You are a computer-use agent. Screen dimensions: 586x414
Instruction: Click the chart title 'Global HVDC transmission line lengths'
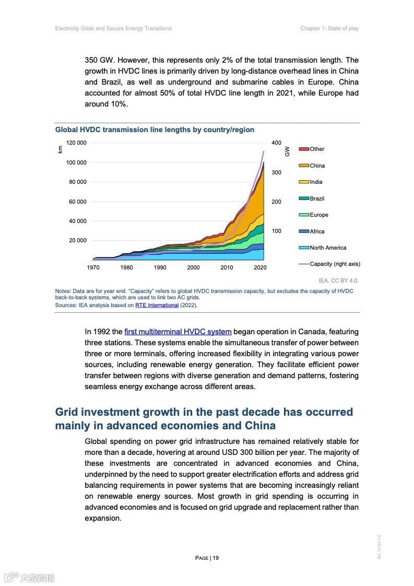coord(155,130)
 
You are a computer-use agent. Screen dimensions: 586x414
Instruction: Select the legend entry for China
coord(317,166)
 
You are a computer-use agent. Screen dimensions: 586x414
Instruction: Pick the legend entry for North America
coord(328,248)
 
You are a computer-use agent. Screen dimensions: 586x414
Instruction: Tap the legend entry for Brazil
coord(317,198)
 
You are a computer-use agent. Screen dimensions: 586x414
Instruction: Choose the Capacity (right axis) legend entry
coord(335,264)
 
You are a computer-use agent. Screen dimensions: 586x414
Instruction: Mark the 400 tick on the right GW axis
coord(277,143)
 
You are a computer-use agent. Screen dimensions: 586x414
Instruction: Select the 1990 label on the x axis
coord(160,267)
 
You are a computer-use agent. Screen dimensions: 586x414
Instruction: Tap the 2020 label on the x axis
coord(260,267)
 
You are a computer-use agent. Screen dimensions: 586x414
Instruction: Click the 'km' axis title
coord(60,149)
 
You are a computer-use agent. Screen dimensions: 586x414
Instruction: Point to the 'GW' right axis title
coord(287,151)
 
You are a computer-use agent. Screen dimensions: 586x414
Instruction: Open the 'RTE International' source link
coord(157,305)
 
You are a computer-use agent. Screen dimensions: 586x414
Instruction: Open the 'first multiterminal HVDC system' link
coord(178,332)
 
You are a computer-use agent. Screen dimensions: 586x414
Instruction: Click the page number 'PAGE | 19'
coord(207,558)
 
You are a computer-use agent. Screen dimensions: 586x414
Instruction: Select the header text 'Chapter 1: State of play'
coord(329,28)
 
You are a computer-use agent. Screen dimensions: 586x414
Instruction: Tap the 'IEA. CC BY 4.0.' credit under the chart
coord(339,280)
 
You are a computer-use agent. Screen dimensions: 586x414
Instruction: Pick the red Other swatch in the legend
coord(304,149)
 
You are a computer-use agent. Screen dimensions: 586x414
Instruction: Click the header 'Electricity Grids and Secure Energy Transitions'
coord(113,28)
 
